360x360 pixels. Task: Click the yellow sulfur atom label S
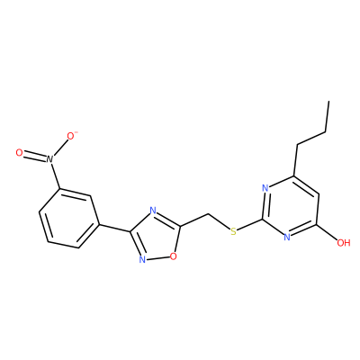click(233, 231)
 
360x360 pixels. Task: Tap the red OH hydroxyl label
click(344, 242)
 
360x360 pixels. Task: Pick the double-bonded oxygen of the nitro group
click(19, 153)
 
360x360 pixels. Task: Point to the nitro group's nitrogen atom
click(49, 159)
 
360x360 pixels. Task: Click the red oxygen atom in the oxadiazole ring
click(173, 256)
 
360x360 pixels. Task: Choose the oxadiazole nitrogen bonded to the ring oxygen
click(142, 259)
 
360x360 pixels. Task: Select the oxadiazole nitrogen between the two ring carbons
click(153, 211)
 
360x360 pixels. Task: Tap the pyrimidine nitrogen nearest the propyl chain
click(265, 188)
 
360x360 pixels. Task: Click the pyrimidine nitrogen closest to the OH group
click(287, 238)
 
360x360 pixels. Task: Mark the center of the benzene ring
click(69, 218)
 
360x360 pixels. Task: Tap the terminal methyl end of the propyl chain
click(328, 101)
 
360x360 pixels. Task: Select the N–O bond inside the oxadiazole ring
click(157, 257)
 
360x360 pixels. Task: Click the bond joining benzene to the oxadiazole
click(115, 228)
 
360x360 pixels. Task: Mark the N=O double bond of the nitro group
click(34, 156)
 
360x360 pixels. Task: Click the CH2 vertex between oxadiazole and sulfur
click(208, 214)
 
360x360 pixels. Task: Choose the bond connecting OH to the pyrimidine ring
click(328, 231)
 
